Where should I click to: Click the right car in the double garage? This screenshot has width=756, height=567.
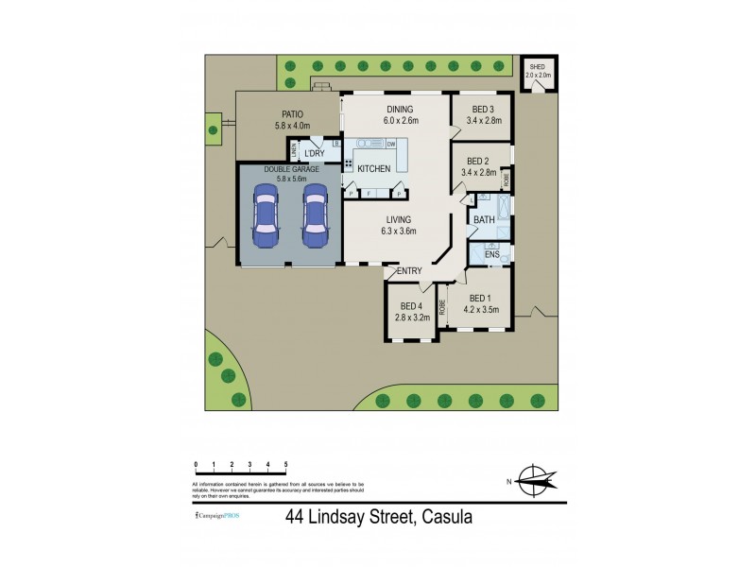313,213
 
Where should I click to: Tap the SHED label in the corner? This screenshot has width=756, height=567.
537,67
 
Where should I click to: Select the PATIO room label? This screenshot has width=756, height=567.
265,113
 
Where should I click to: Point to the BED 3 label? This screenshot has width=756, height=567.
482,110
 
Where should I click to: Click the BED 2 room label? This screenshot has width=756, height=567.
478,161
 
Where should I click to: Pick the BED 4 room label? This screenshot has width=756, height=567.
410,305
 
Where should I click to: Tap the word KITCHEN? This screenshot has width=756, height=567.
372,168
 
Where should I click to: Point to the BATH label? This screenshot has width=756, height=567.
484,219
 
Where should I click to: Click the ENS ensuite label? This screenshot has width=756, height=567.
491,255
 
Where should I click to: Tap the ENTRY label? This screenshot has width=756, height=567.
408,271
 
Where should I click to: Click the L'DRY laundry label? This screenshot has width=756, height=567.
314,153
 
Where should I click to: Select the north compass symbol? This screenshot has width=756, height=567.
536,482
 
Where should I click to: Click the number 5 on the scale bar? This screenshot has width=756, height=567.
285,465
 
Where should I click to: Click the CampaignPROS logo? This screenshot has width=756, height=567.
216,516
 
